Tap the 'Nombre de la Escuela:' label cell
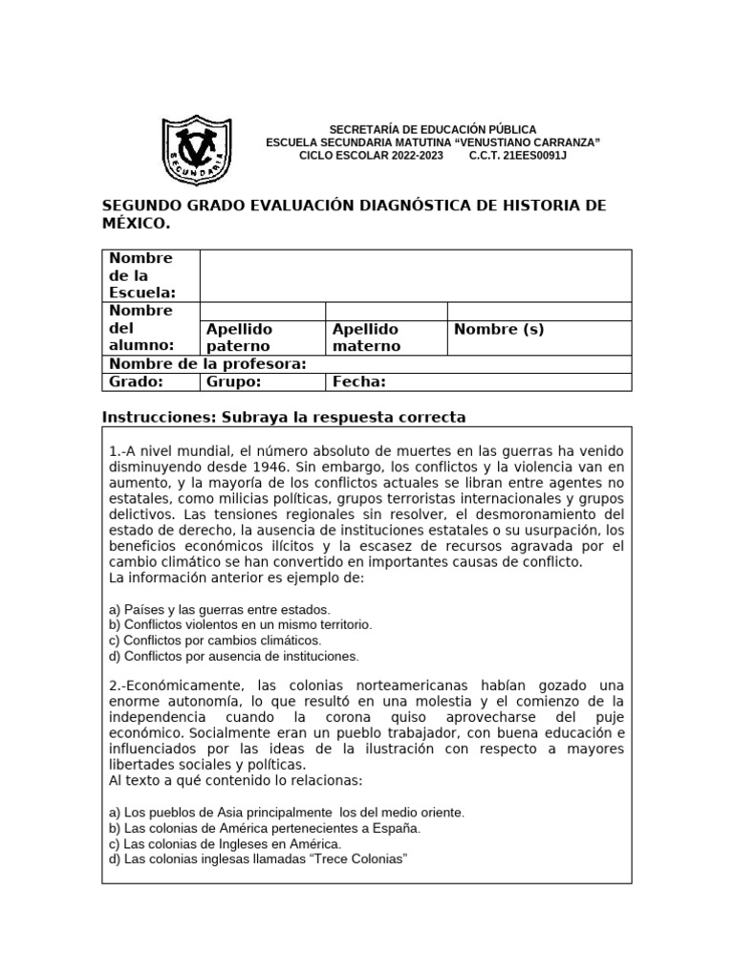pos(141,275)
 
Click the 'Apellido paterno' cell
pos(239,337)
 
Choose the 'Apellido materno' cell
pos(366,337)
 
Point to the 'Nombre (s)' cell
pos(499,330)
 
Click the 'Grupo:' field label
pos(233,381)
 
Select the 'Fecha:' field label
pos(358,381)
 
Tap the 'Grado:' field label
pos(136,381)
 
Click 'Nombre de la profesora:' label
pos(207,364)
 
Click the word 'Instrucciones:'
pos(159,417)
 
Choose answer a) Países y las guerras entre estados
pos(219,609)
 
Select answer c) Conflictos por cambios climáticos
pos(215,640)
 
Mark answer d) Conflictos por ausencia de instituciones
pos(233,656)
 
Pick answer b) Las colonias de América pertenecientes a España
pos(264,828)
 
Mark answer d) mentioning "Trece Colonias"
pos(257,859)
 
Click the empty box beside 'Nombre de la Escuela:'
pos(415,275)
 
